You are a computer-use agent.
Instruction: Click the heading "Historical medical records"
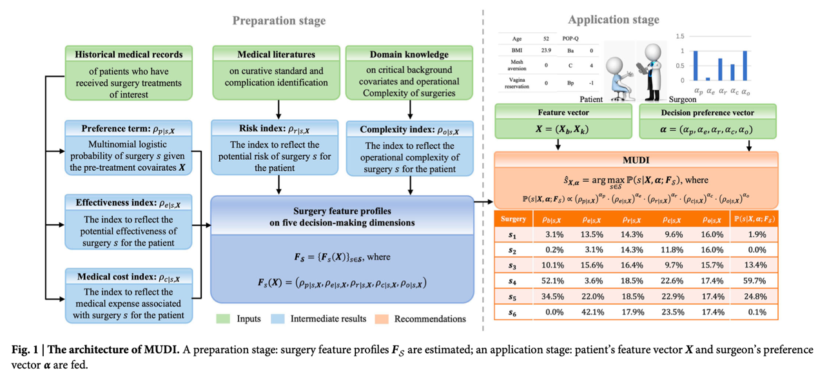click(129, 55)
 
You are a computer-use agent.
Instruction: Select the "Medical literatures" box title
click(276, 55)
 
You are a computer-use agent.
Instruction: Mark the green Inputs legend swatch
click(224, 318)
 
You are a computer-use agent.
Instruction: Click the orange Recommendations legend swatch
click(381, 318)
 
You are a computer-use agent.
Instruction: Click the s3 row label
click(513, 265)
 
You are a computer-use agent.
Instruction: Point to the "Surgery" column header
click(514, 219)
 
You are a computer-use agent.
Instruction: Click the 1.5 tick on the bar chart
click(679, 37)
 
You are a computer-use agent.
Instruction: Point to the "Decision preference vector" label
click(707, 112)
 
